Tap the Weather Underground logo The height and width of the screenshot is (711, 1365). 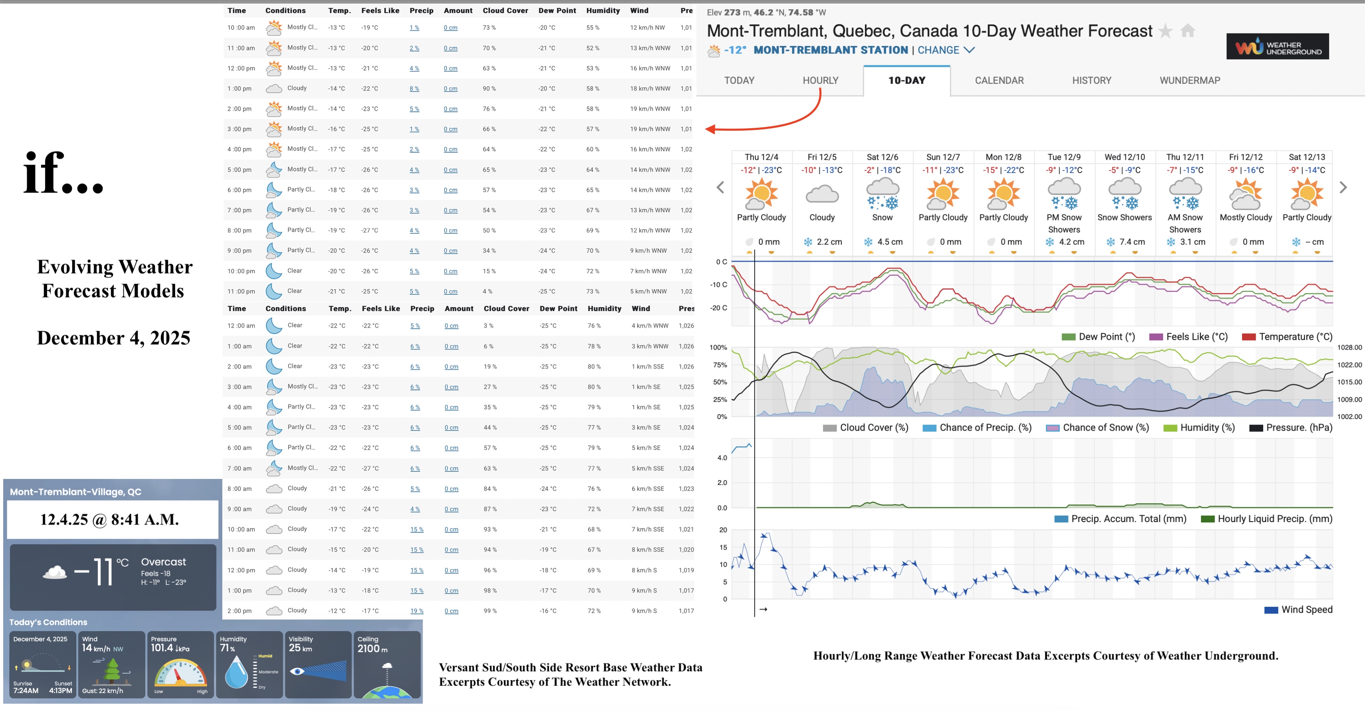(1277, 47)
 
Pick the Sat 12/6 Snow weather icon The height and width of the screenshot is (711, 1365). (882, 195)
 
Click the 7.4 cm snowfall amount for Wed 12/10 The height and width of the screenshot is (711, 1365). (1132, 242)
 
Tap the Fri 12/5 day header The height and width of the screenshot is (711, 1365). (822, 157)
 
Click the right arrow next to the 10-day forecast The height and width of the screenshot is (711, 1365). (1343, 187)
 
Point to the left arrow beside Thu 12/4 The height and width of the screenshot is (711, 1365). (720, 187)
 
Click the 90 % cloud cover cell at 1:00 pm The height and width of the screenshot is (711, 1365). (489, 89)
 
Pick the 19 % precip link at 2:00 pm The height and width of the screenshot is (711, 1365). (417, 611)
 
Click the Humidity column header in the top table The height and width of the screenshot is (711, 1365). (603, 11)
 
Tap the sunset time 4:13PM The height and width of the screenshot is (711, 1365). (60, 690)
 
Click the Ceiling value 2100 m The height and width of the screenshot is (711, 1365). (372, 648)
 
